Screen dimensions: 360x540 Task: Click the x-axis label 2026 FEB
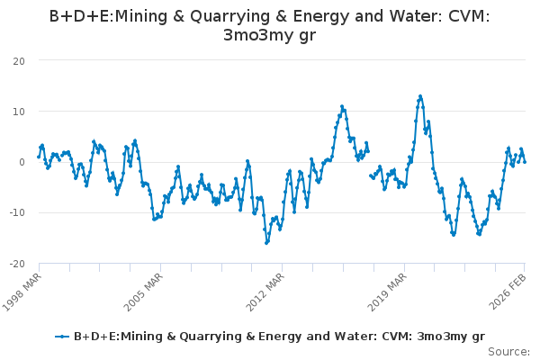coord(509,288)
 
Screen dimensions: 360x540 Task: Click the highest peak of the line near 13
coord(420,96)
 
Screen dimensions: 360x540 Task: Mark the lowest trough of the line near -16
coord(266,243)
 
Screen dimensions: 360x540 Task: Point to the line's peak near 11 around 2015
coord(342,106)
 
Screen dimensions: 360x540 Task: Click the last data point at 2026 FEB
coord(525,161)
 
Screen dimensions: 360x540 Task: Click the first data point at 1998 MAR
coord(39,157)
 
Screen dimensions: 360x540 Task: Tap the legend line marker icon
coord(61,337)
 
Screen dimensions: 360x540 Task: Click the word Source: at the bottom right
coord(508,351)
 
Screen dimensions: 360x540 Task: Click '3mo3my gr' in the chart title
coord(269,35)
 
